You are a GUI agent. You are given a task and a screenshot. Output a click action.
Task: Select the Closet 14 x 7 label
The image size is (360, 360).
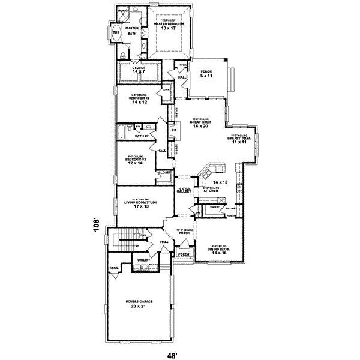(x=140, y=70)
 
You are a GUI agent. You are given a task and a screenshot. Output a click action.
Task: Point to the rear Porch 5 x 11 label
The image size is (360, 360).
(x=207, y=73)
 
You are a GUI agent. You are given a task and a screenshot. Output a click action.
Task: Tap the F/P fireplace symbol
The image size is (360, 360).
(x=174, y=130)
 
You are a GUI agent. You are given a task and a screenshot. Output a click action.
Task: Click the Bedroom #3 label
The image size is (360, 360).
(x=137, y=162)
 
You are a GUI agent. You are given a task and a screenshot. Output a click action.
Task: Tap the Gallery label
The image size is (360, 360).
(x=184, y=191)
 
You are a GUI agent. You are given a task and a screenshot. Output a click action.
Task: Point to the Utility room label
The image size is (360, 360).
(x=143, y=260)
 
